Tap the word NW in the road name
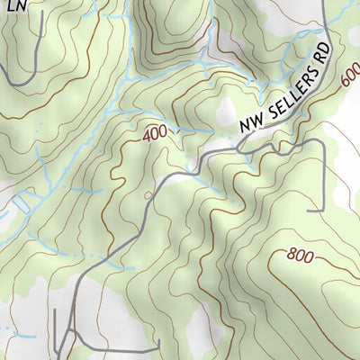(248, 127)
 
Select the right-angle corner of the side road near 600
(322, 142)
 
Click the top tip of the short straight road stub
(55, 310)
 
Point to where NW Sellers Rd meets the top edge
(324, 2)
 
